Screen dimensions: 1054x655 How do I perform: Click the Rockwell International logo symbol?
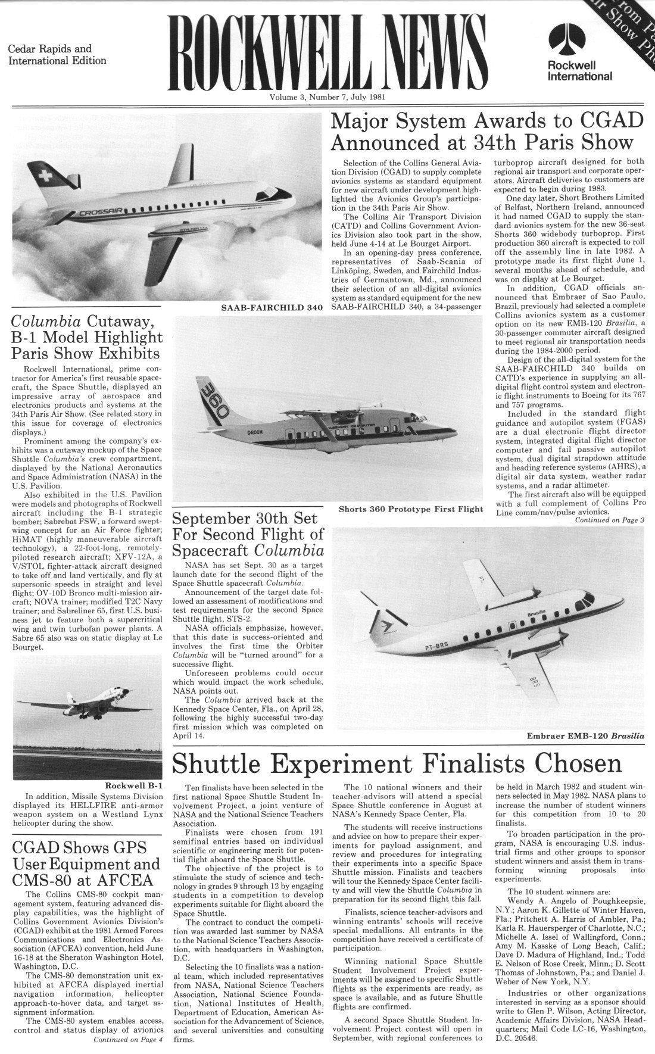578,38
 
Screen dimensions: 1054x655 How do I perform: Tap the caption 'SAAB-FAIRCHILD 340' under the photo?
272,308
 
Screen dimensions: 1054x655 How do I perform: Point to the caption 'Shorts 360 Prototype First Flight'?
410,509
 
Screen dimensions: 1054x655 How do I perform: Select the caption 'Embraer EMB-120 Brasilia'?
585,736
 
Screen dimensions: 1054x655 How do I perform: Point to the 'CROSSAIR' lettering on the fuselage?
96,213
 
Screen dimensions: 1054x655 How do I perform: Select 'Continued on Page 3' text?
609,520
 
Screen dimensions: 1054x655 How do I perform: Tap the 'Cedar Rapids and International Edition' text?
57,55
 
